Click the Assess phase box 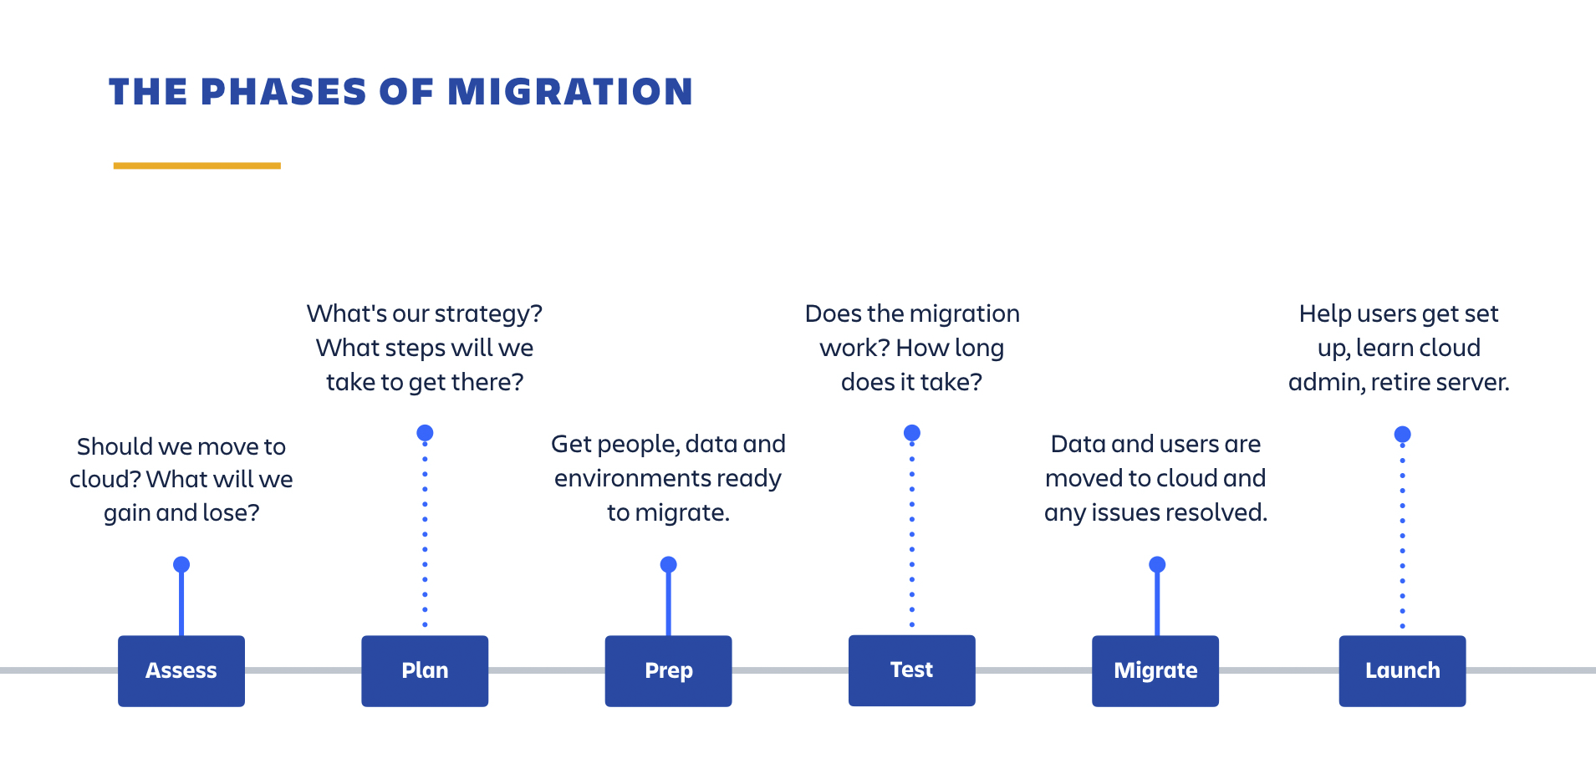tap(181, 671)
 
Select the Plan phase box tap(425, 671)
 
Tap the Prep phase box tap(668, 671)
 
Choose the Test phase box tap(911, 670)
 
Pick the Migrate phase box tap(1155, 671)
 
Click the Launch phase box tap(1402, 671)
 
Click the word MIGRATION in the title tap(570, 92)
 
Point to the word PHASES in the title tap(283, 92)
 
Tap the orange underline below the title tap(196, 165)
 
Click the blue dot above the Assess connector tap(181, 565)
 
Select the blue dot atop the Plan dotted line tap(425, 433)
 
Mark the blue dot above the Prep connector tap(668, 565)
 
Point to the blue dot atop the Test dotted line tap(912, 433)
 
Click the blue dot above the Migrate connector tap(1157, 565)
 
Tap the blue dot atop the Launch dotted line tap(1403, 435)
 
